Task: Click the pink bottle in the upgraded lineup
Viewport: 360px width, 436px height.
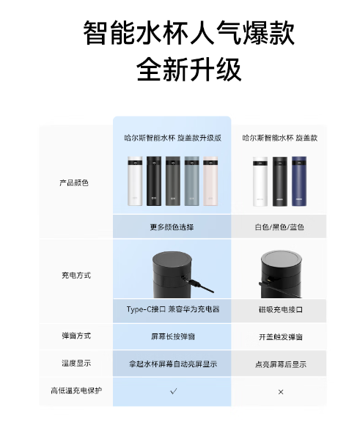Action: [x=210, y=181]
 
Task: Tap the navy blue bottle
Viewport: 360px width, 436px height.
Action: [x=299, y=181]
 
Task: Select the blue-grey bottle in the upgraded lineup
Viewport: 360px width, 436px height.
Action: [x=191, y=181]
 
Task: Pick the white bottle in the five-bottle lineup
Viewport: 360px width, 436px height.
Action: [x=135, y=181]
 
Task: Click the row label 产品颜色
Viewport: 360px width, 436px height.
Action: [x=74, y=182]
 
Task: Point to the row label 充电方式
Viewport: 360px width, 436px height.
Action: [x=76, y=276]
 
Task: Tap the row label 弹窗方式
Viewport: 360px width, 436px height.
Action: [x=76, y=336]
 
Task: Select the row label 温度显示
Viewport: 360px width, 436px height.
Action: [x=76, y=363]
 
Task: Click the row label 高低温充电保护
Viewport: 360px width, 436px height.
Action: [x=76, y=391]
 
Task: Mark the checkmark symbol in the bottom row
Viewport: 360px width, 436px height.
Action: [x=173, y=391]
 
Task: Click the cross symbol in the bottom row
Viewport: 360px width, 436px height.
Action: [x=281, y=392]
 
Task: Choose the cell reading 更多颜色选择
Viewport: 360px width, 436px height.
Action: [x=172, y=227]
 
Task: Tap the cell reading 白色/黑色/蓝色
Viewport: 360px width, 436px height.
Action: [x=279, y=227]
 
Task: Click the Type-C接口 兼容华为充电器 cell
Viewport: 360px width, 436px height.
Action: [x=173, y=309]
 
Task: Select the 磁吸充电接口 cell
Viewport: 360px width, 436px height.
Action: [x=280, y=309]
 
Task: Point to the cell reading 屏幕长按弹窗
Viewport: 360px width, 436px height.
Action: [x=173, y=336]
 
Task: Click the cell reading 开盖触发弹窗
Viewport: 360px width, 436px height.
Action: [x=280, y=337]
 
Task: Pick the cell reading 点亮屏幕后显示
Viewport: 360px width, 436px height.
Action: [x=280, y=364]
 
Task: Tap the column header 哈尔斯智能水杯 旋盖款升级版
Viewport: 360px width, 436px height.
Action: [x=173, y=138]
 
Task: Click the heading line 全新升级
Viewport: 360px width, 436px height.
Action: [x=188, y=69]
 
